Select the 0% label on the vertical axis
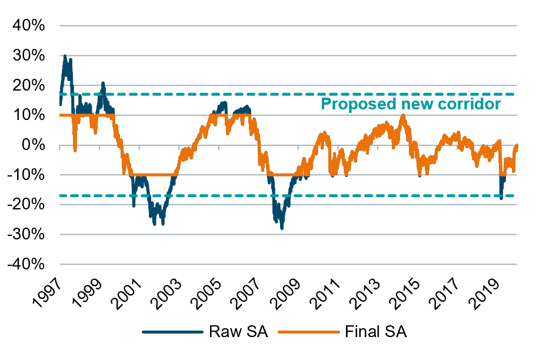tap(38, 145)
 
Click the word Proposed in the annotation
tap(349, 105)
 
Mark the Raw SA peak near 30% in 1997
tap(64, 56)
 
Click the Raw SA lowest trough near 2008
tap(282, 228)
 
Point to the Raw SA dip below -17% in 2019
tap(501, 198)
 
